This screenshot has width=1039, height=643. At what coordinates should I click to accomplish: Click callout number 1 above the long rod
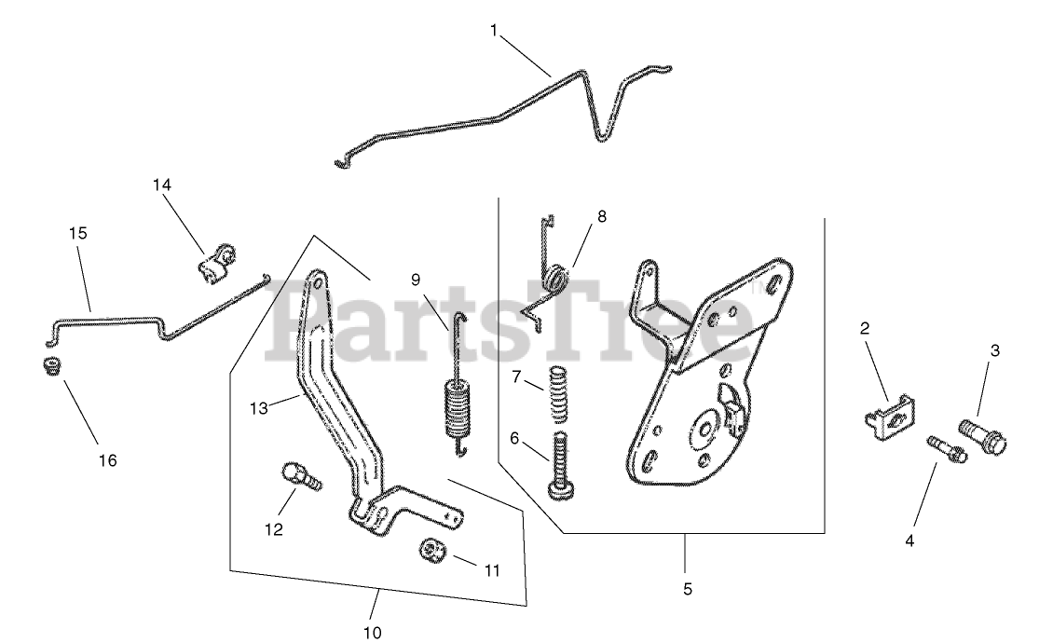[494, 30]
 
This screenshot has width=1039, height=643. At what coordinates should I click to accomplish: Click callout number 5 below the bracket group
[686, 589]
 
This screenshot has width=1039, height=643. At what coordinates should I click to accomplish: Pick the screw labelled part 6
[561, 466]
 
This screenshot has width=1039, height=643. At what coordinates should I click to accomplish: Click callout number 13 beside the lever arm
[258, 408]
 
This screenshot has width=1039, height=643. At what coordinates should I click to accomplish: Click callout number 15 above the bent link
[77, 233]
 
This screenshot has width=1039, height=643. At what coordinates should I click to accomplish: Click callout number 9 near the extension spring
[416, 279]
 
